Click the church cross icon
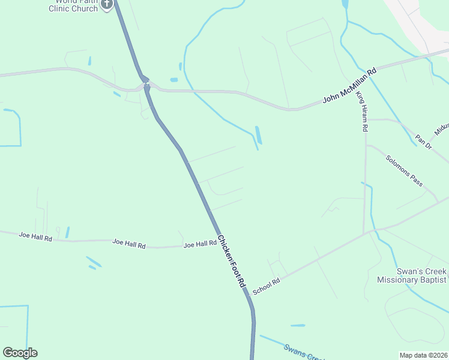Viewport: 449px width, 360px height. pyautogui.click(x=107, y=4)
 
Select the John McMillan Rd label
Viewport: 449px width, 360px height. pyautogui.click(x=349, y=85)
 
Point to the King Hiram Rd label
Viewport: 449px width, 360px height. pyautogui.click(x=361, y=111)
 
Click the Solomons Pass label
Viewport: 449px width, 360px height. pyautogui.click(x=404, y=170)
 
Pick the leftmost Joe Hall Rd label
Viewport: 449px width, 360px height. pyautogui.click(x=35, y=237)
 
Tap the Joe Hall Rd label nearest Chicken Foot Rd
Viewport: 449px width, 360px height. pyautogui.click(x=200, y=244)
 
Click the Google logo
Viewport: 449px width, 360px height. pyautogui.click(x=20, y=353)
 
